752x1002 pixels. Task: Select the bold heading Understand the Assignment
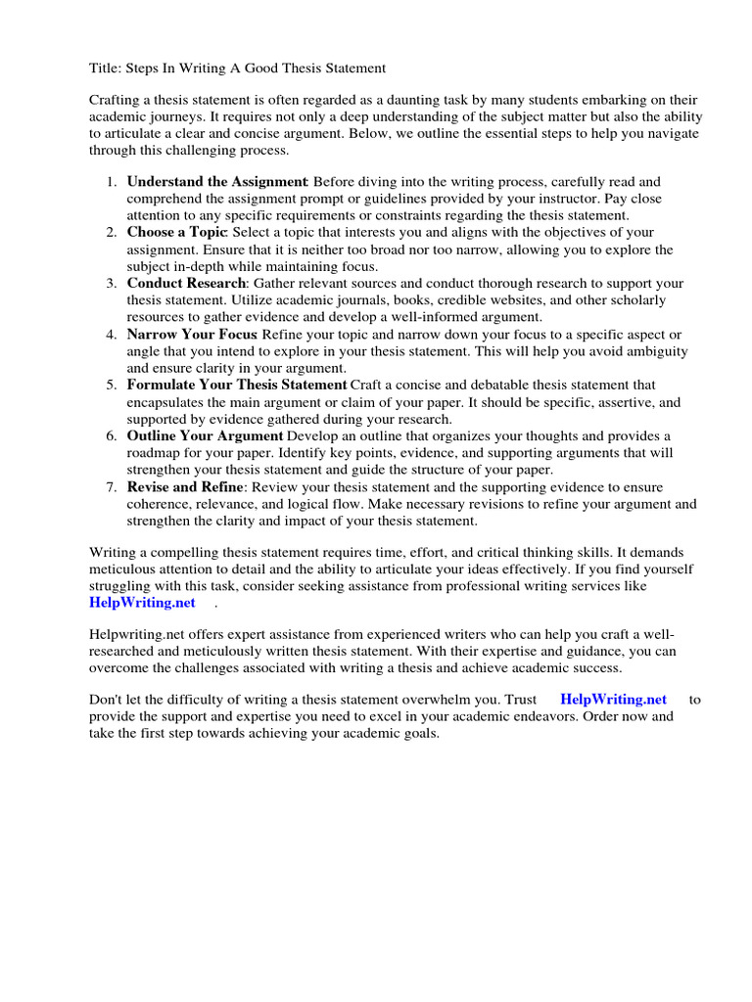[217, 182]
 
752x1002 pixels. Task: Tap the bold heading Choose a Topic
[176, 232]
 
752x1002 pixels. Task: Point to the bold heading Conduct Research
[185, 283]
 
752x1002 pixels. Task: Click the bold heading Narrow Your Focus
[192, 335]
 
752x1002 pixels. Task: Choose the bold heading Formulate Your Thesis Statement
[237, 386]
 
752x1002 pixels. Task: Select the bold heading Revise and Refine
[184, 486]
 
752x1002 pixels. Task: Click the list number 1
[112, 182]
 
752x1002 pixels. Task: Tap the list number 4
[112, 335]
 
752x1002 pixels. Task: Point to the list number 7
[112, 486]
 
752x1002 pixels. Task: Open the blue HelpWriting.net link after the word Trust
[614, 699]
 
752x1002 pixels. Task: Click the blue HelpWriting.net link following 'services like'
[142, 602]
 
